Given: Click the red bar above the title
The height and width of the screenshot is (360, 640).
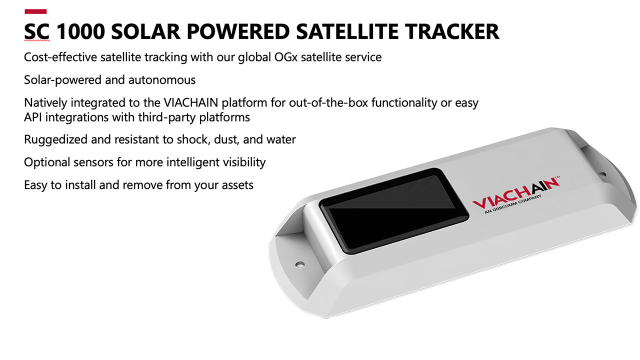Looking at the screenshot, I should [x=35, y=11].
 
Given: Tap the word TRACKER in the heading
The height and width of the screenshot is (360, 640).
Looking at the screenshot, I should [x=452, y=32].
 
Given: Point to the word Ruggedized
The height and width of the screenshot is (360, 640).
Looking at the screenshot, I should [x=55, y=139].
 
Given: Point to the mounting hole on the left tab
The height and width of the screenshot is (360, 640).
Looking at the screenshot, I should [x=300, y=263].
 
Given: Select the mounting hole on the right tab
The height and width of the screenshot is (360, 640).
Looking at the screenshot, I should [x=602, y=174].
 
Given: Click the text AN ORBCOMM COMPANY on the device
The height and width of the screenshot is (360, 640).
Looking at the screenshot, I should [x=513, y=206].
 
